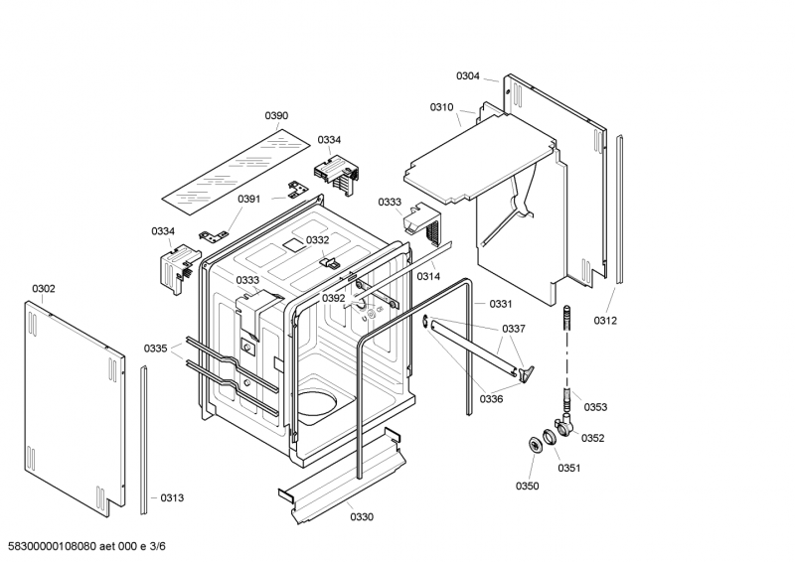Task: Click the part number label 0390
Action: click(276, 116)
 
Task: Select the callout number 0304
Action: click(468, 76)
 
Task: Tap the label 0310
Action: click(441, 107)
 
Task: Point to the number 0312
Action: click(605, 320)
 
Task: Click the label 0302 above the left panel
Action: click(44, 289)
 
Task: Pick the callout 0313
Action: click(171, 497)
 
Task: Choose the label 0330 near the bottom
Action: click(362, 516)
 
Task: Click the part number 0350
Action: click(527, 486)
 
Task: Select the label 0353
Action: click(595, 407)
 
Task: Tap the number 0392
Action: click(333, 298)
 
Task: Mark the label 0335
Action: click(156, 348)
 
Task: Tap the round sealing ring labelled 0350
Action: click(534, 444)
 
